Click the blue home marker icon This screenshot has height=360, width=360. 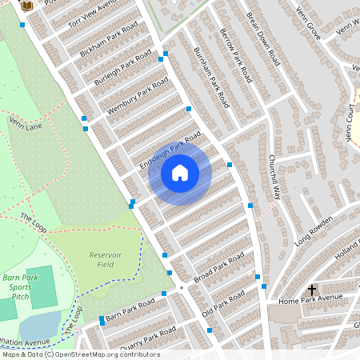pyautogui.click(x=180, y=172)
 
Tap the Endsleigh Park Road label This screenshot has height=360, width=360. pyautogui.click(x=169, y=152)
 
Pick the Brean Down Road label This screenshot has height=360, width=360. pyautogui.click(x=263, y=38)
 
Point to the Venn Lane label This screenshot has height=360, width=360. pyautogui.click(x=26, y=125)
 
